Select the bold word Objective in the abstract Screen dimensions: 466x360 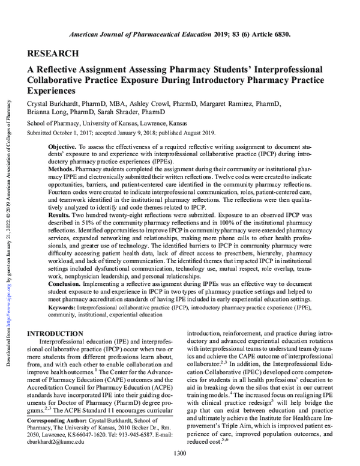[x=64, y=147]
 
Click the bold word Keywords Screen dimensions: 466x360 [x=64, y=306]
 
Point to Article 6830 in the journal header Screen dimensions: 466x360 [x=269, y=34]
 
